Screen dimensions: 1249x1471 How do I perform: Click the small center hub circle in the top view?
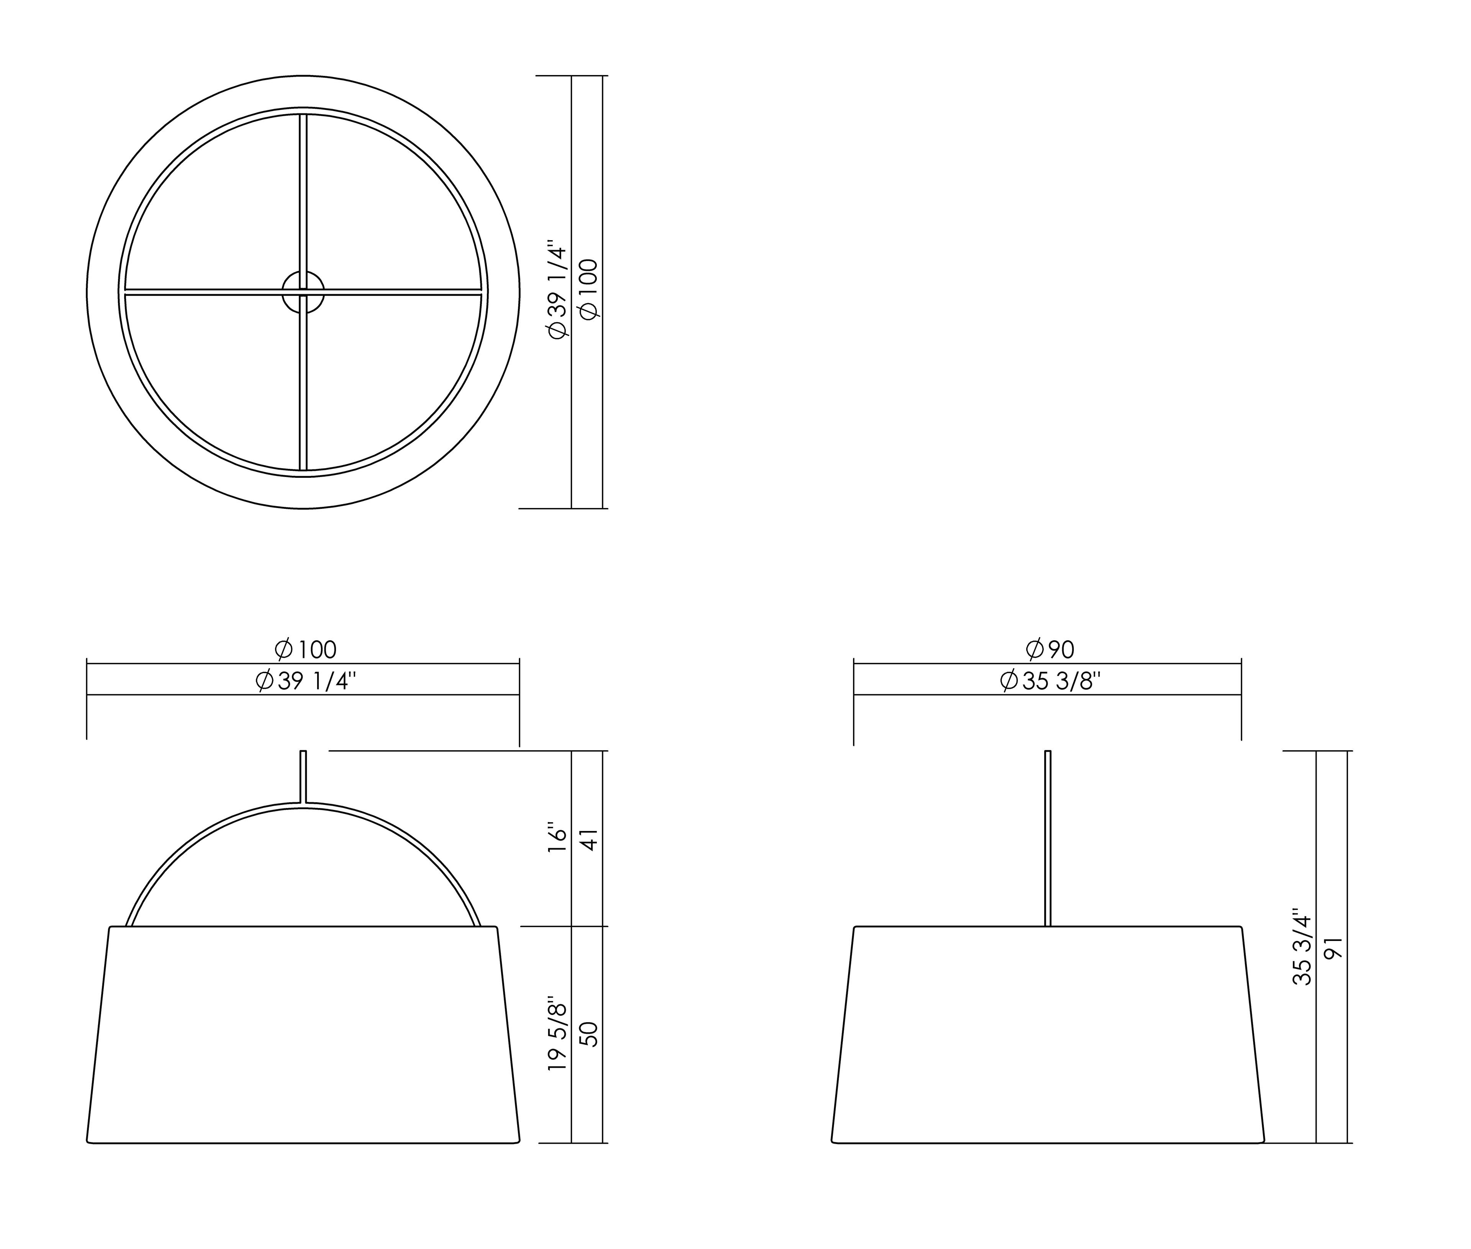click(303, 292)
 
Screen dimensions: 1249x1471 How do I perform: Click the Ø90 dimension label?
click(1049, 649)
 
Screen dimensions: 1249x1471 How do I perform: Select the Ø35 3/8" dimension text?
click(1049, 681)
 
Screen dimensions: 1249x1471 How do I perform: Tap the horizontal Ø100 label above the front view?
click(305, 649)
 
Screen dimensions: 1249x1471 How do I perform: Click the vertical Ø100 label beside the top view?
click(589, 289)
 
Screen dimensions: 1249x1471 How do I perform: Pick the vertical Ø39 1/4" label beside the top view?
click(558, 292)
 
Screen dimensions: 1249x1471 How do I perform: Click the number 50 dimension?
click(589, 1034)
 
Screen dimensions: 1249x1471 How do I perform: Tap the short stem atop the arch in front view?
click(303, 776)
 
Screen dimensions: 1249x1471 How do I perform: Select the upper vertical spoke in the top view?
click(303, 191)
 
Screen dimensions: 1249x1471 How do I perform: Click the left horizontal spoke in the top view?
click(205, 292)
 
